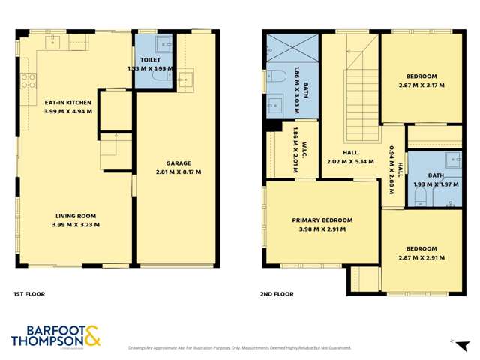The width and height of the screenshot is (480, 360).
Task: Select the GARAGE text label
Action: (x=178, y=163)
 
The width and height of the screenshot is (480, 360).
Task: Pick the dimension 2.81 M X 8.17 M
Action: (x=178, y=172)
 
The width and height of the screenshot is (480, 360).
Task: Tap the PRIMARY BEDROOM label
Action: (x=322, y=220)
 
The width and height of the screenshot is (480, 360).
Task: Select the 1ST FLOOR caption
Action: (x=30, y=295)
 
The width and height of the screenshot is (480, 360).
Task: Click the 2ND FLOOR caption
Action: (x=277, y=295)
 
